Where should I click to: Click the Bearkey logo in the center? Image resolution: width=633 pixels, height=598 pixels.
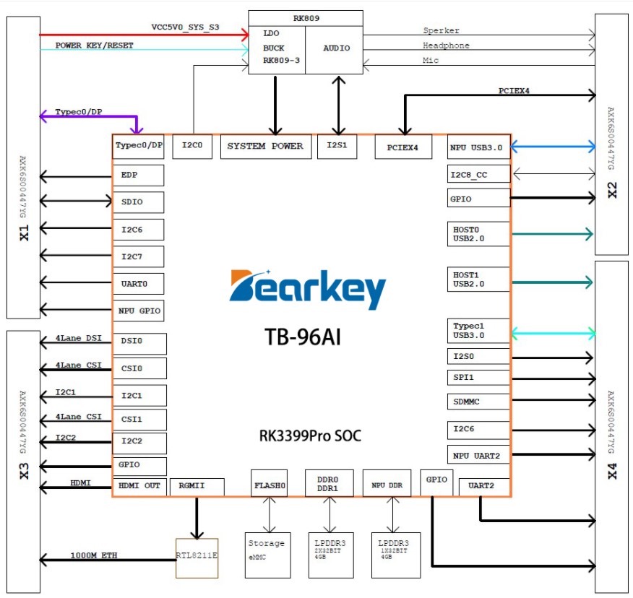308,290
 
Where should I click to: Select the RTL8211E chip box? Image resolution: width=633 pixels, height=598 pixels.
197,557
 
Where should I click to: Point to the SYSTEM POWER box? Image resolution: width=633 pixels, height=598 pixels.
265,147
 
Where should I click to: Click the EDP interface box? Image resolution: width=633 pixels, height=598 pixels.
138,175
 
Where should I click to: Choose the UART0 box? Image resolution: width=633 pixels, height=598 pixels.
138,284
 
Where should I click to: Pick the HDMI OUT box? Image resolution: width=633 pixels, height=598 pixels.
140,486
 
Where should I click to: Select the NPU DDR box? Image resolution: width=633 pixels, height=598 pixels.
387,485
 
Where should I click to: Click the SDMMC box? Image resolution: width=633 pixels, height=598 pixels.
478,402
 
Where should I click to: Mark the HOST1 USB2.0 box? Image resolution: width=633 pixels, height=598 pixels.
478,280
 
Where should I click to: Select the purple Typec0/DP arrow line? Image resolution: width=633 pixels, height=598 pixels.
87,116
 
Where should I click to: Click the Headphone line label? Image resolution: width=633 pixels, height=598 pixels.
446,45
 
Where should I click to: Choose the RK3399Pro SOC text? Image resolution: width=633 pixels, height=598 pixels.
310,436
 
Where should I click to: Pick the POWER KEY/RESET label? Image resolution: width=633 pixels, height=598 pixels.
95,45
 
